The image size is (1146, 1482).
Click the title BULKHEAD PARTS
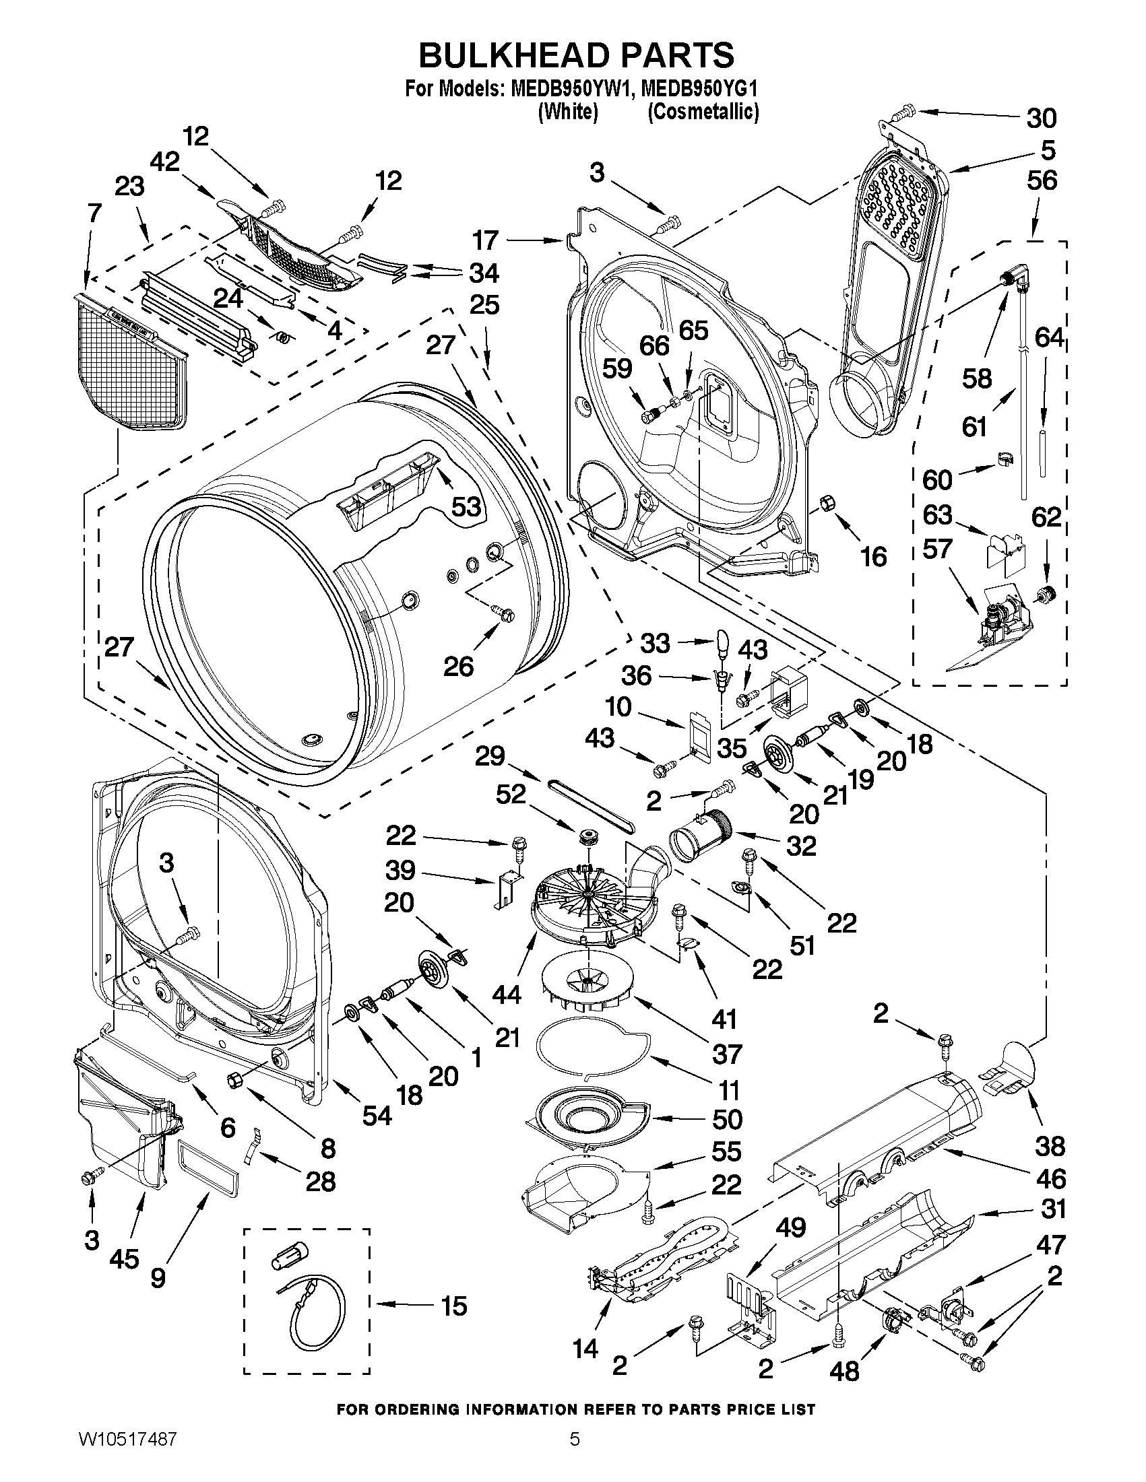(576, 55)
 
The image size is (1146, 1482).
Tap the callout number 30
(1041, 118)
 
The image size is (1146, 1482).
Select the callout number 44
(507, 995)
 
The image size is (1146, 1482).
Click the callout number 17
(486, 240)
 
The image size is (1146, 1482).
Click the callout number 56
(1042, 180)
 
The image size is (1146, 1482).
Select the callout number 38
(1050, 1146)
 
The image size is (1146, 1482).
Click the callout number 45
(123, 1259)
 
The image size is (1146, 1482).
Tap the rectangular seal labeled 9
(208, 1168)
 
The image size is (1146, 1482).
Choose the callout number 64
(1049, 337)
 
